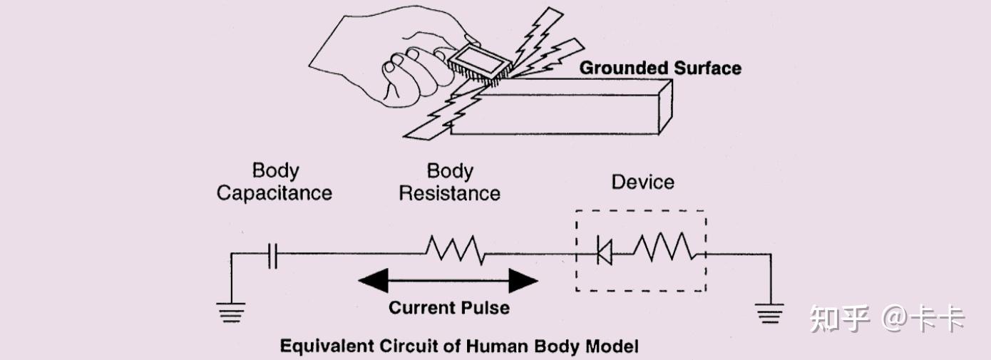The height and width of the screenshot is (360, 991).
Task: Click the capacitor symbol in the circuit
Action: click(x=273, y=256)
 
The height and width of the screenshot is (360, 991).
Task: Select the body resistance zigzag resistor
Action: click(x=456, y=250)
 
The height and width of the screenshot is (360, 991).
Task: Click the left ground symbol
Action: click(x=231, y=312)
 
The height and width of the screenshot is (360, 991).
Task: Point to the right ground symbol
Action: click(x=770, y=313)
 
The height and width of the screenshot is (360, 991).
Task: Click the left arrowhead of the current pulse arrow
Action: click(x=374, y=280)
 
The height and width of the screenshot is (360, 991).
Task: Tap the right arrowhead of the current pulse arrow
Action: click(x=523, y=280)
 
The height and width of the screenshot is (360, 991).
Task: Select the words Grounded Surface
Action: click(x=660, y=68)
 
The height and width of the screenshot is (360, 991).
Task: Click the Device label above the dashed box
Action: click(x=643, y=182)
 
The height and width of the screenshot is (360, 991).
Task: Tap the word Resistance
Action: click(x=449, y=194)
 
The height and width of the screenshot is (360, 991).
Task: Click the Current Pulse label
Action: click(x=449, y=308)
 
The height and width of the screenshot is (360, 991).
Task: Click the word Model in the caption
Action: click(x=612, y=346)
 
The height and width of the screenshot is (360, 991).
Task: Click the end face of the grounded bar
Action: click(x=666, y=107)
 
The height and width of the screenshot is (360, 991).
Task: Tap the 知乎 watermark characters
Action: click(x=839, y=319)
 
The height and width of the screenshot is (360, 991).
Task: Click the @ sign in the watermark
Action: click(x=895, y=319)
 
